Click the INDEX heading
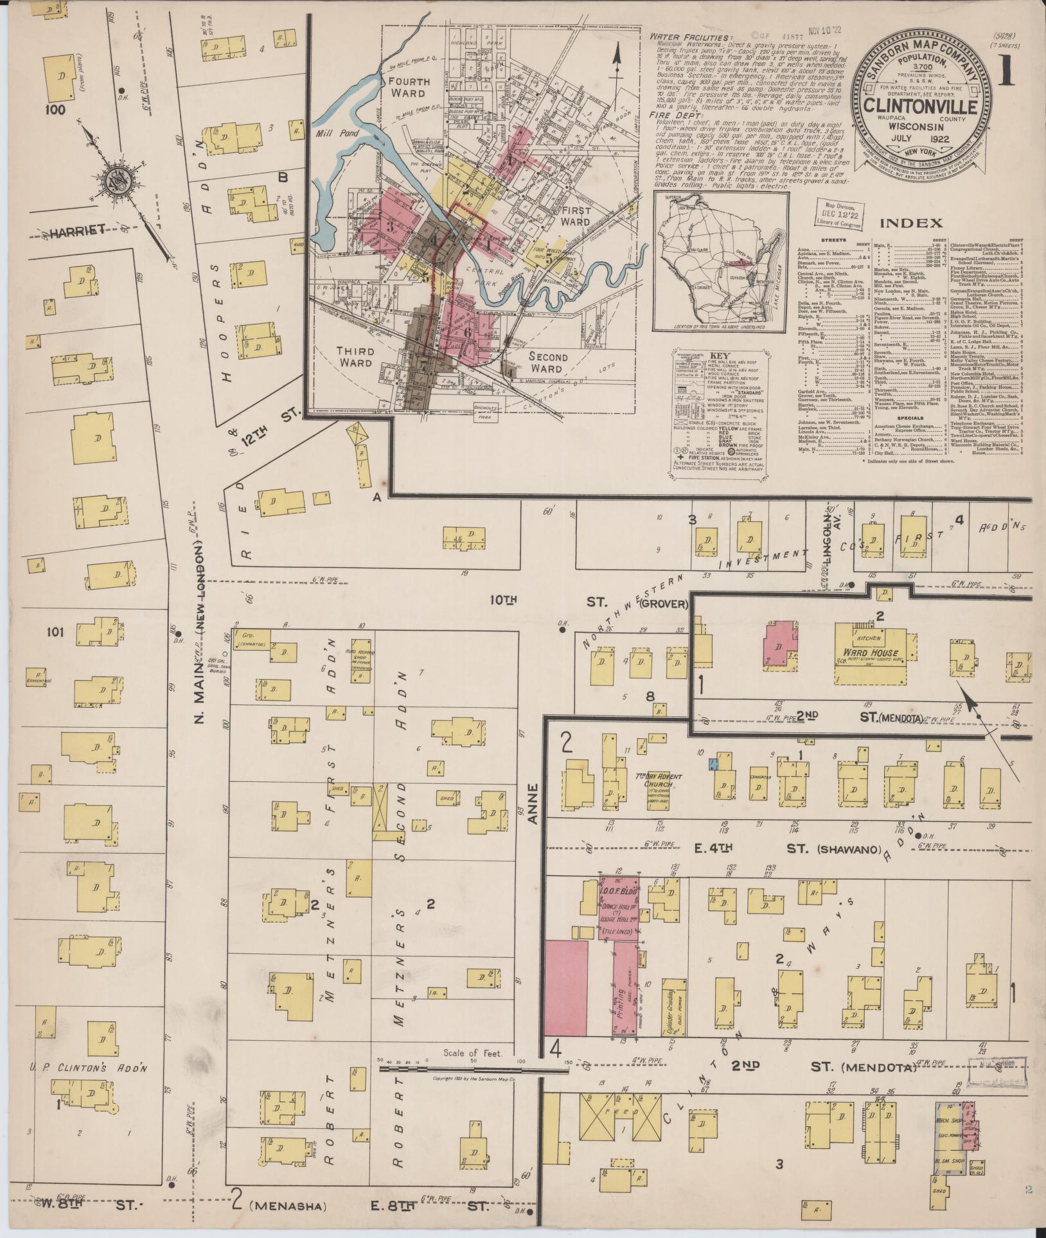coord(910,223)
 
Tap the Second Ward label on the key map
coord(548,363)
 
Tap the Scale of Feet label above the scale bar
coord(472,1054)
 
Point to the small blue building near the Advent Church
coord(712,764)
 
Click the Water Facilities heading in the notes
coord(689,38)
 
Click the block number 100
coord(55,110)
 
